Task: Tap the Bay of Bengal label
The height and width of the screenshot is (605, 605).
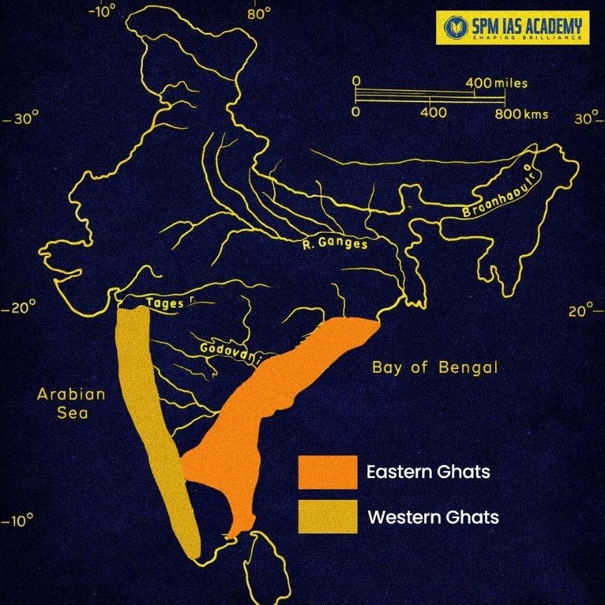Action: coord(435,367)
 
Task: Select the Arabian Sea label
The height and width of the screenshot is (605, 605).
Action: coord(72,403)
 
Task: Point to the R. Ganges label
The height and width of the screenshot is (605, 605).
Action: coord(335,244)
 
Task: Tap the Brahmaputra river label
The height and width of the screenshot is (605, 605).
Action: coord(494,191)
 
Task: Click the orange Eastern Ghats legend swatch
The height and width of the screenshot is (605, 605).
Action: coord(327,472)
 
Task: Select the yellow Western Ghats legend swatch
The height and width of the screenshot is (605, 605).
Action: coord(327,517)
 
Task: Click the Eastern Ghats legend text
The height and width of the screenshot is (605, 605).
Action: coord(428,472)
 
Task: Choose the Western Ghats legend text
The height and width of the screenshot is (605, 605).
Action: coord(433,517)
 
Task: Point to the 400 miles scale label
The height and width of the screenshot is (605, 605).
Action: coord(496,83)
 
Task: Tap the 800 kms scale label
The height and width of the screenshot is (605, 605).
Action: coord(522,114)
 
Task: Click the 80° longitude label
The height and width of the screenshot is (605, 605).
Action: coord(258,13)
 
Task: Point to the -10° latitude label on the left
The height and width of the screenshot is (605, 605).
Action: coord(18,522)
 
